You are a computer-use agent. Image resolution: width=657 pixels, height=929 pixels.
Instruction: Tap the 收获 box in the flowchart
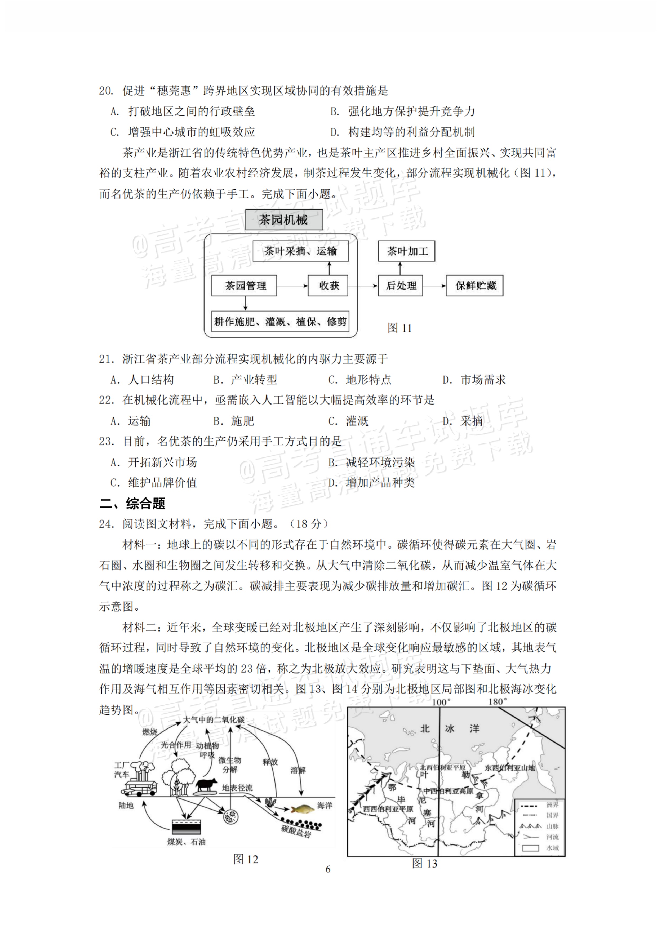(328, 286)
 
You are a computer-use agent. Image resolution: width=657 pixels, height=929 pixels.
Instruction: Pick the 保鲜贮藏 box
(474, 286)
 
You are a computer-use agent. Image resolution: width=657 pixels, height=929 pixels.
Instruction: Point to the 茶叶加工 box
(407, 251)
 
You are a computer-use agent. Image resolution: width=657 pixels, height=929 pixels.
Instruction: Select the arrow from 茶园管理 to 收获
(292, 286)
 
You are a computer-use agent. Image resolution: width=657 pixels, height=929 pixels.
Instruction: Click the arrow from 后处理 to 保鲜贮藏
(434, 286)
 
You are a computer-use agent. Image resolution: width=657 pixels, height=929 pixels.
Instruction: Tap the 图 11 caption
(399, 328)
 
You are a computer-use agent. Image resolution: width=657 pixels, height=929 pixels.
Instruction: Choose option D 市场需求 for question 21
(474, 380)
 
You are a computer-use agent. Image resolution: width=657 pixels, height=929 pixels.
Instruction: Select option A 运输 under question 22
(131, 421)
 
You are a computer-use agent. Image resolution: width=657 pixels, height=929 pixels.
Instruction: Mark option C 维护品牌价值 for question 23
(154, 483)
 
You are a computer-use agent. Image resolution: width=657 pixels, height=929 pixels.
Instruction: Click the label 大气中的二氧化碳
(214, 720)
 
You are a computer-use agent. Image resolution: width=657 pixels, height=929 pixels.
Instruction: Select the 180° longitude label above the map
(497, 702)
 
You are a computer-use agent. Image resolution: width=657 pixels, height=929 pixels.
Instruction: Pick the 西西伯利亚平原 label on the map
(388, 809)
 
